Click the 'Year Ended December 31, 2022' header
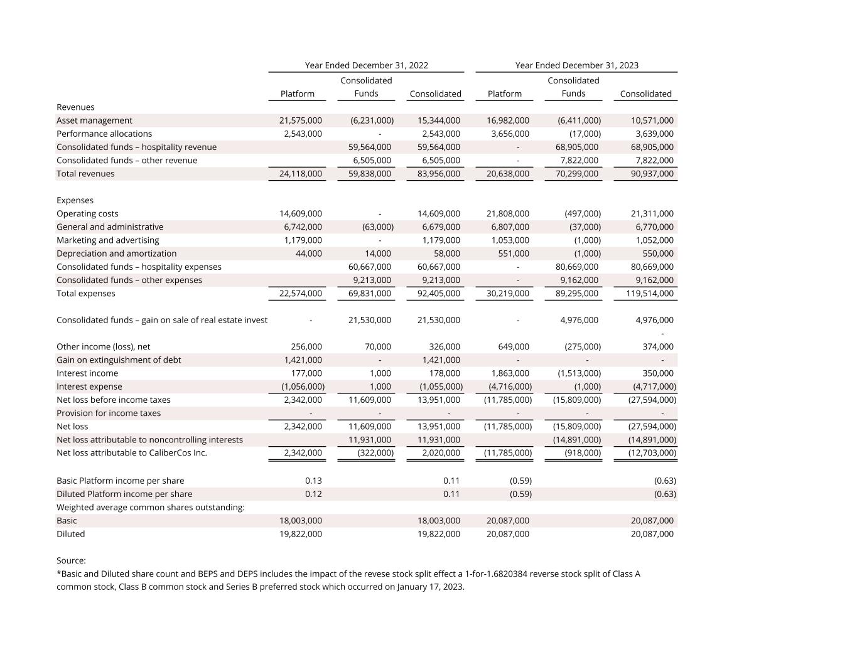[x=366, y=65]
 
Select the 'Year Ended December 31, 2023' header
[x=576, y=65]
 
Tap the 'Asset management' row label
[x=94, y=120]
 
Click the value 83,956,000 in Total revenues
[x=438, y=174]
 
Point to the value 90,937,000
[x=652, y=174]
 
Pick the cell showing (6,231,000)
[x=372, y=120]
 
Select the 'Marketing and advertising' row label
[x=107, y=240]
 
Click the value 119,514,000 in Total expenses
[x=649, y=294]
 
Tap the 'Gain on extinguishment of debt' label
[x=119, y=360]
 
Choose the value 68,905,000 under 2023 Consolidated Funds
[x=576, y=147]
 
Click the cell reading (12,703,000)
[x=652, y=453]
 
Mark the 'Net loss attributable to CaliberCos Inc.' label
[x=132, y=453]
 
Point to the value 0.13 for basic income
[x=313, y=481]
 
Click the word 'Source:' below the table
[x=71, y=561]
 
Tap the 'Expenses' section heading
[x=75, y=201]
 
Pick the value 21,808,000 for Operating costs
[x=507, y=214]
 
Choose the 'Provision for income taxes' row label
[x=109, y=414]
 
